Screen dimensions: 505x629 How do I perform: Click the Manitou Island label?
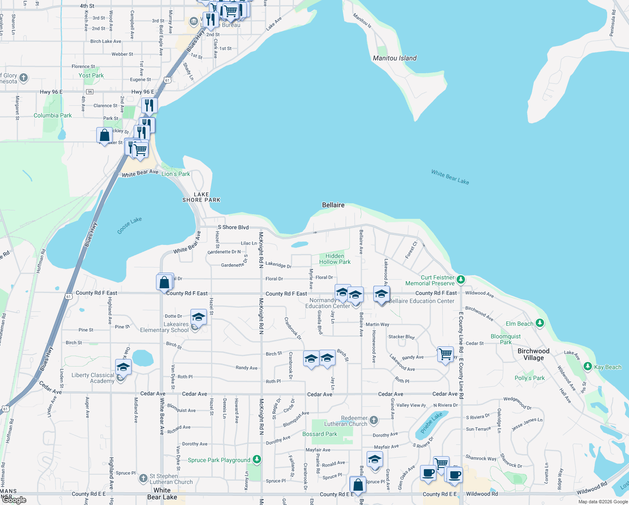(394, 58)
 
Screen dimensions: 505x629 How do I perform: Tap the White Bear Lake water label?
(450, 177)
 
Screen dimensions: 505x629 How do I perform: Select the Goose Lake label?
(129, 226)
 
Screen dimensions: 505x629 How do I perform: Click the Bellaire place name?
(333, 205)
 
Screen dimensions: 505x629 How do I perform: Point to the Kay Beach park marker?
(588, 367)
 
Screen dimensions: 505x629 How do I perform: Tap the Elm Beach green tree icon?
(540, 323)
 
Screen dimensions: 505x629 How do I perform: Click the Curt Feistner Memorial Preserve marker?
(461, 279)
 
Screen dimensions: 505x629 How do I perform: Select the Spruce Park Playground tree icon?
(257, 460)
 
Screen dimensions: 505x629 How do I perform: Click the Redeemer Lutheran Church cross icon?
(374, 420)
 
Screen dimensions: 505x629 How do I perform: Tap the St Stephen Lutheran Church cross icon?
(143, 478)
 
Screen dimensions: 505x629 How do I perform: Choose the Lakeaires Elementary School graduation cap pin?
(198, 316)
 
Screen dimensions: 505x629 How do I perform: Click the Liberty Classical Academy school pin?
(123, 367)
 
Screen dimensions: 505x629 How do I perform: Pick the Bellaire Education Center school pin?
(381, 294)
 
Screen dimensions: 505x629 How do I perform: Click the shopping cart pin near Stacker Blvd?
(445, 353)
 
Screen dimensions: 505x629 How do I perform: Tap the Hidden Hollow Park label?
(335, 259)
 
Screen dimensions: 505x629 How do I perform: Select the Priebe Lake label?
(431, 423)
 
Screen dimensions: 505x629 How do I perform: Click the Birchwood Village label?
(533, 354)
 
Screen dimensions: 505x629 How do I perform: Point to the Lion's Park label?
(176, 174)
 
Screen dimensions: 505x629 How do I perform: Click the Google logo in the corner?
(14, 500)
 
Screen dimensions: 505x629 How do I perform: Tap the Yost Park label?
(91, 75)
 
